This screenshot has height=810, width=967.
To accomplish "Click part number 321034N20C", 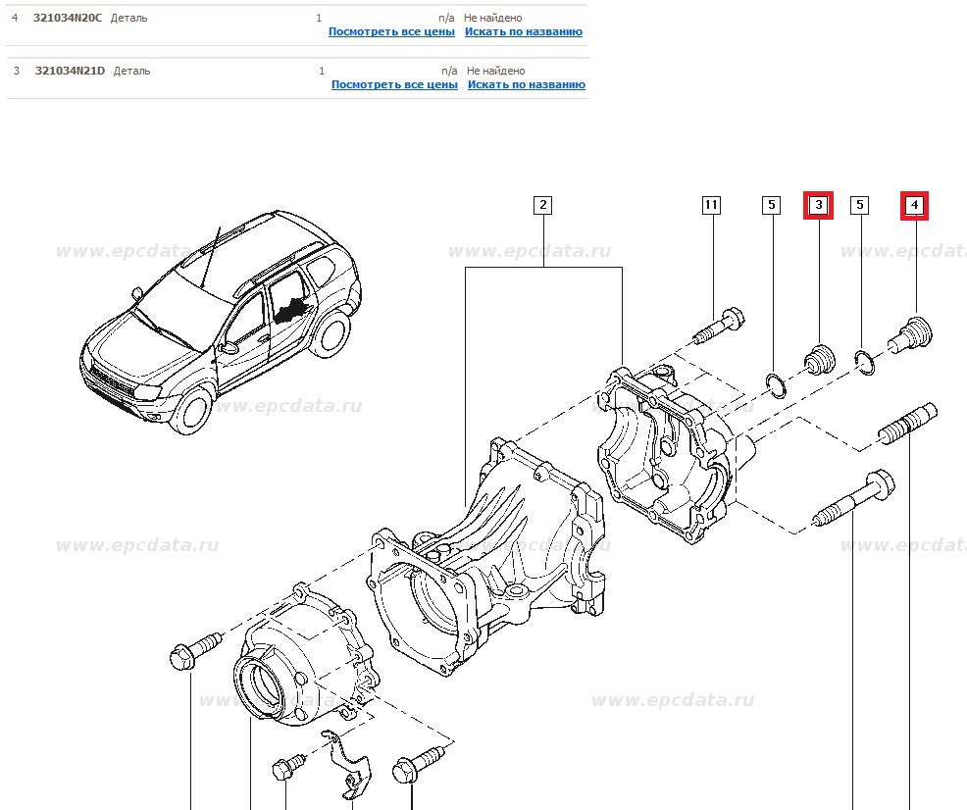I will [x=69, y=18].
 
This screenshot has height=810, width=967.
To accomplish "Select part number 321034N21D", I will [x=71, y=71].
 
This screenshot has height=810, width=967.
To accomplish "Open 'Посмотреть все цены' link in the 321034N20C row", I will [x=391, y=31].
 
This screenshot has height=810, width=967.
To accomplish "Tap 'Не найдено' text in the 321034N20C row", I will [x=494, y=18].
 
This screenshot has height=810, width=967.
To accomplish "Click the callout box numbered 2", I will [x=542, y=205].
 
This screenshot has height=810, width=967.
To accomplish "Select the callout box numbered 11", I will [x=711, y=205].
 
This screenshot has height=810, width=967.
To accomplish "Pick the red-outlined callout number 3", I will [x=818, y=205].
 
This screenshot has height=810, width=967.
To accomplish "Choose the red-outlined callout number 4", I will [x=914, y=205].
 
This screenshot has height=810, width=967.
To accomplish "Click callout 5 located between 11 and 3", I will [x=772, y=205].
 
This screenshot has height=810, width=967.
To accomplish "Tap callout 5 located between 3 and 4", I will [x=860, y=205].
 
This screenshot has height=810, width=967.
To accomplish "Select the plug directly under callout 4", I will [x=909, y=333].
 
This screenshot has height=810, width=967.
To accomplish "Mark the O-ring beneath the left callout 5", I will [x=774, y=385].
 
